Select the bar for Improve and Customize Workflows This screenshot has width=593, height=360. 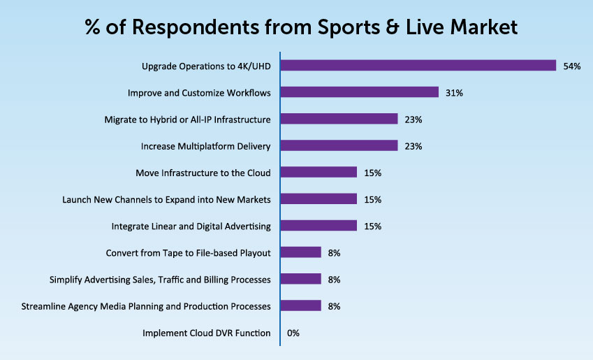(x=359, y=92)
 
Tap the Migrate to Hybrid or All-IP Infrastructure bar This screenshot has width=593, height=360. (x=339, y=120)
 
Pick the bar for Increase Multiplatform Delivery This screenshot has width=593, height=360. (x=339, y=146)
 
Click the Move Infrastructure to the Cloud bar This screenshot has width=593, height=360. (x=319, y=173)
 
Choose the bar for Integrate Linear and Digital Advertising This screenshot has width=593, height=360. (x=319, y=226)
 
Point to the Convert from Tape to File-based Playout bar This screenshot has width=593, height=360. (x=300, y=252)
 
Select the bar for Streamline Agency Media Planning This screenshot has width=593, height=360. (x=300, y=305)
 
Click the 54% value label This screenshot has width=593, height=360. (x=571, y=66)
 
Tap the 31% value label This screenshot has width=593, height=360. (x=455, y=92)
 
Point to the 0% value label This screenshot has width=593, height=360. (x=293, y=333)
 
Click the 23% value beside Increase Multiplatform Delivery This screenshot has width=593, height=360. (x=413, y=146)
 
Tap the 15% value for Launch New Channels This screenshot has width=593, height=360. (x=372, y=199)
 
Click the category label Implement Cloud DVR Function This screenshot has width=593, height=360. (x=206, y=333)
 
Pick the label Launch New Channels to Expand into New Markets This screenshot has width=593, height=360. (x=166, y=199)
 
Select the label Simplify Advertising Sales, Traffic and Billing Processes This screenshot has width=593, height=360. (x=160, y=279)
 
